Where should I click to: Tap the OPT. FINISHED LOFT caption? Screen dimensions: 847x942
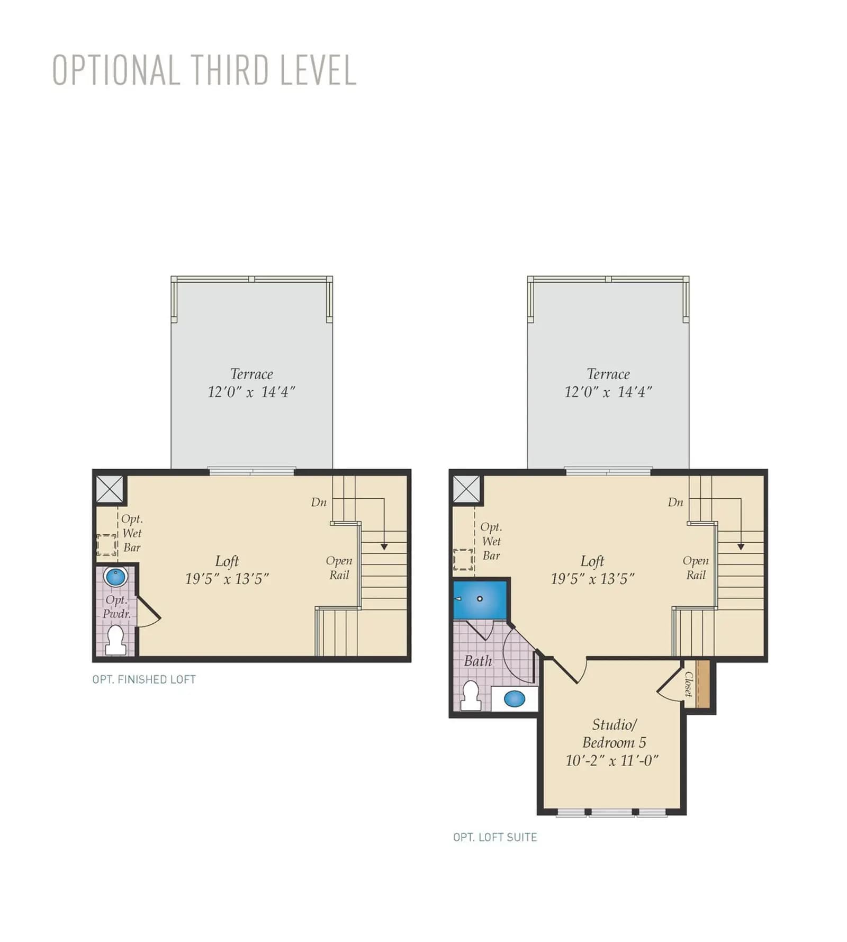pyautogui.click(x=144, y=679)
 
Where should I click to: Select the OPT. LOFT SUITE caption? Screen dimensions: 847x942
pyautogui.click(x=495, y=837)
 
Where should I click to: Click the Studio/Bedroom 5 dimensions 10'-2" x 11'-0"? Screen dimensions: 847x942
pyautogui.click(x=612, y=761)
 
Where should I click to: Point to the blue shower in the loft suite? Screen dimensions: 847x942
pyautogui.click(x=480, y=599)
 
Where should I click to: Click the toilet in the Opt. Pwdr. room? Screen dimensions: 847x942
pyautogui.click(x=115, y=640)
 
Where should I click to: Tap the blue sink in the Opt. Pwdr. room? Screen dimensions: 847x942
pyautogui.click(x=115, y=576)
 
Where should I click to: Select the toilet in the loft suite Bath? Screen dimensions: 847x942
pyautogui.click(x=471, y=695)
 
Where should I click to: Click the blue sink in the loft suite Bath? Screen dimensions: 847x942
pyautogui.click(x=514, y=699)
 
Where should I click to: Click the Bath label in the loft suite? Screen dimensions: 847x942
pyautogui.click(x=478, y=661)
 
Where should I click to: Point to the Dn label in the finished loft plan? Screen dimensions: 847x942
pyautogui.click(x=319, y=502)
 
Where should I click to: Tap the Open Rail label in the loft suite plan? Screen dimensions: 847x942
pyautogui.click(x=696, y=568)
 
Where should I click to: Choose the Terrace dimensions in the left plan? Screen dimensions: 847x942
pyautogui.click(x=251, y=392)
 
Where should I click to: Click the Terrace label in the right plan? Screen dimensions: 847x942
pyautogui.click(x=608, y=374)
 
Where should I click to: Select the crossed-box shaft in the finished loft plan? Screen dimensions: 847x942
pyautogui.click(x=110, y=489)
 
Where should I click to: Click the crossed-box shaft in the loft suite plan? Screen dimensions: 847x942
pyautogui.click(x=466, y=489)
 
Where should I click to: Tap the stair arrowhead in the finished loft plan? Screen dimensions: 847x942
pyautogui.click(x=384, y=546)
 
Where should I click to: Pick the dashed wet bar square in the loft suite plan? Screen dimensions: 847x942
pyautogui.click(x=463, y=560)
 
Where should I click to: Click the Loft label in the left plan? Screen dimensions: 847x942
pyautogui.click(x=227, y=561)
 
